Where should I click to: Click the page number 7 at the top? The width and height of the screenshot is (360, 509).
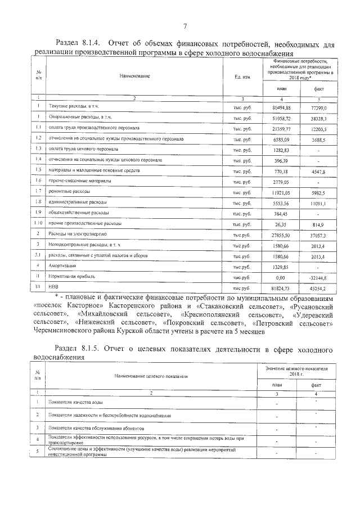185,25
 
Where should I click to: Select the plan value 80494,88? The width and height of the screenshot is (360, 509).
281,107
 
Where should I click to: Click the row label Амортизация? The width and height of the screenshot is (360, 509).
64,266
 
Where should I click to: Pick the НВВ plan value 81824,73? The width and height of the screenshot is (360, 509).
281,288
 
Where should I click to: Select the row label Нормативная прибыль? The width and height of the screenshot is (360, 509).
71,277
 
